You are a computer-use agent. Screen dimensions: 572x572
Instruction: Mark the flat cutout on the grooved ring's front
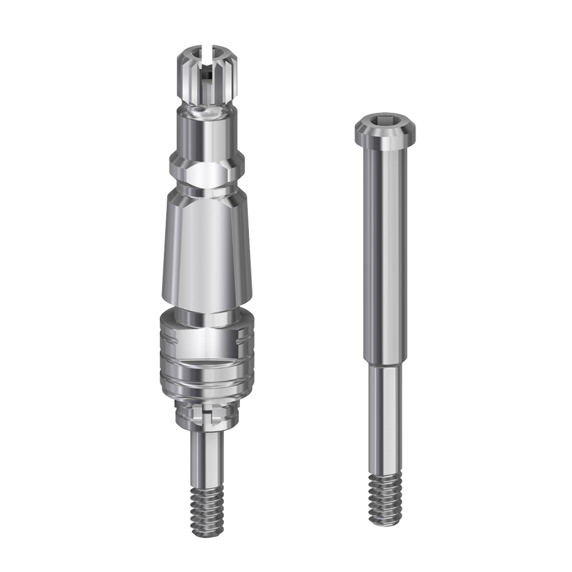207,339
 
